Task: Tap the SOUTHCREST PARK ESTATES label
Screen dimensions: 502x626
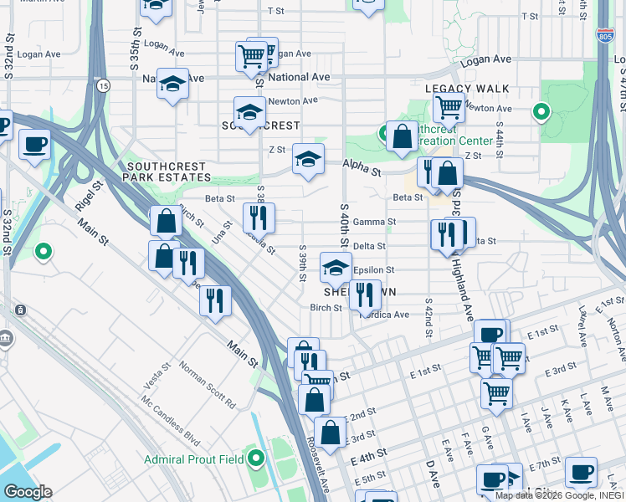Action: (x=167, y=172)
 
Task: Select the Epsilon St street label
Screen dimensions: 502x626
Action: (x=374, y=270)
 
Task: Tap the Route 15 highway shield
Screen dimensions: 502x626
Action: (x=103, y=85)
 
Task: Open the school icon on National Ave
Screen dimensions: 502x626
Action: (x=173, y=84)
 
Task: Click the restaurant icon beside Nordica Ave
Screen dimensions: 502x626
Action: (x=364, y=294)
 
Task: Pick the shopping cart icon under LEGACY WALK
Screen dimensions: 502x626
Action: (x=449, y=108)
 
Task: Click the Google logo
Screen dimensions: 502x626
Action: (x=28, y=492)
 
